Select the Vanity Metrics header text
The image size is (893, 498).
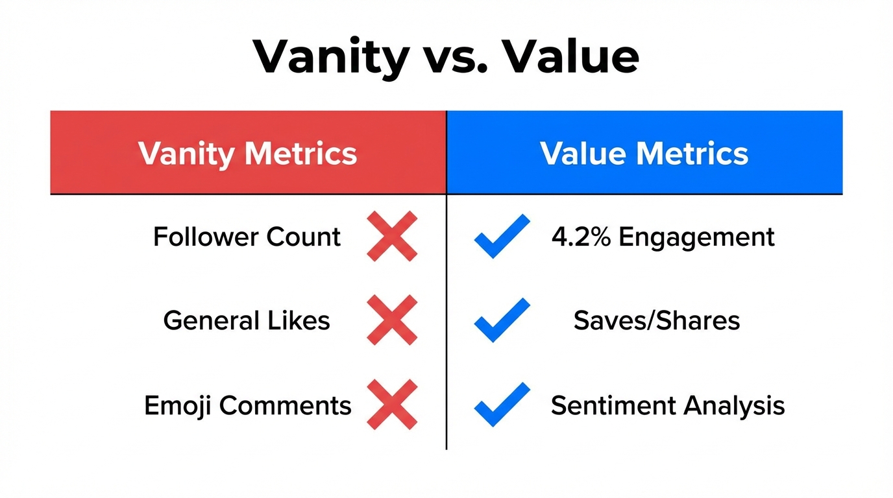pyautogui.click(x=247, y=154)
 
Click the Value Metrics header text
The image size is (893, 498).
pyautogui.click(x=644, y=154)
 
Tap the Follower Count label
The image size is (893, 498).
pyautogui.click(x=247, y=237)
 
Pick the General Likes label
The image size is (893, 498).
pyautogui.click(x=247, y=320)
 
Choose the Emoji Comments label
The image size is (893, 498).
pyautogui.click(x=247, y=405)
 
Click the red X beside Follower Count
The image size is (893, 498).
pyautogui.click(x=392, y=237)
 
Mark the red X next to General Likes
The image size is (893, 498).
pyautogui.click(x=392, y=320)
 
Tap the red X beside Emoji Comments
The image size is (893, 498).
pyautogui.click(x=392, y=405)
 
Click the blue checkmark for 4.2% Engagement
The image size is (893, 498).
pyautogui.click(x=502, y=237)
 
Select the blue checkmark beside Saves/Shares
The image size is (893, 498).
pyautogui.click(x=502, y=320)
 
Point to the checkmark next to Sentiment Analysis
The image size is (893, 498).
pyautogui.click(x=502, y=405)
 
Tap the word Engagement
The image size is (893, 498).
pyautogui.click(x=696, y=237)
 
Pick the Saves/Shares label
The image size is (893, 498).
pyautogui.click(x=657, y=320)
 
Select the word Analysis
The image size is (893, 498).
pyautogui.click(x=734, y=406)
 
